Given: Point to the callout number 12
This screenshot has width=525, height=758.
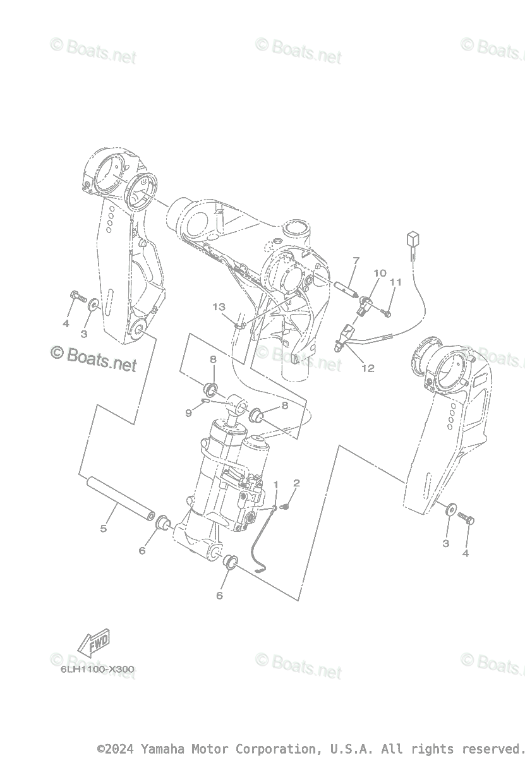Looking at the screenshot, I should pos(368,368).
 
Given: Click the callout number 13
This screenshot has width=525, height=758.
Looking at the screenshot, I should pos(219,307).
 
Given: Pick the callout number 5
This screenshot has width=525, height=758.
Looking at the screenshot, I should pos(104,528).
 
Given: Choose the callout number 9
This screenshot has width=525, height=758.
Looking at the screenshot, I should pos(188,413).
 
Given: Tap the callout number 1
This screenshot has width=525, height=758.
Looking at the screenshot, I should pos(275,484).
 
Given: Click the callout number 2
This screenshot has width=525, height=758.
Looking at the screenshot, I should pos(296,483).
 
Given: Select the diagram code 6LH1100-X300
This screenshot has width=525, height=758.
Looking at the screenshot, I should pos(94,669).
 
